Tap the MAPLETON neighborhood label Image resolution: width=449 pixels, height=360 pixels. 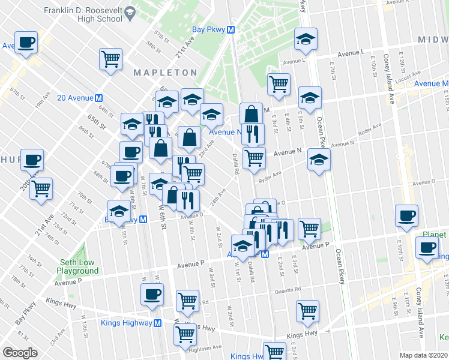coord(164,73)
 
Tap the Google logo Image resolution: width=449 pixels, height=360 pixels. coord(20,352)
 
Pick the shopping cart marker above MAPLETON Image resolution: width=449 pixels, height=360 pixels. coord(111,59)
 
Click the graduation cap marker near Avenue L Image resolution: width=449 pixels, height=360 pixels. coord(306,39)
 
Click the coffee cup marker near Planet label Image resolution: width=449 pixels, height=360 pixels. coord(427,248)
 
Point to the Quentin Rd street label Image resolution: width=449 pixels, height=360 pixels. coord(289,292)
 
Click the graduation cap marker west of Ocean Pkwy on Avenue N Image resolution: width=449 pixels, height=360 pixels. coord(318,160)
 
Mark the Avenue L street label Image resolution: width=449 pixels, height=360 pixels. coord(351,53)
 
